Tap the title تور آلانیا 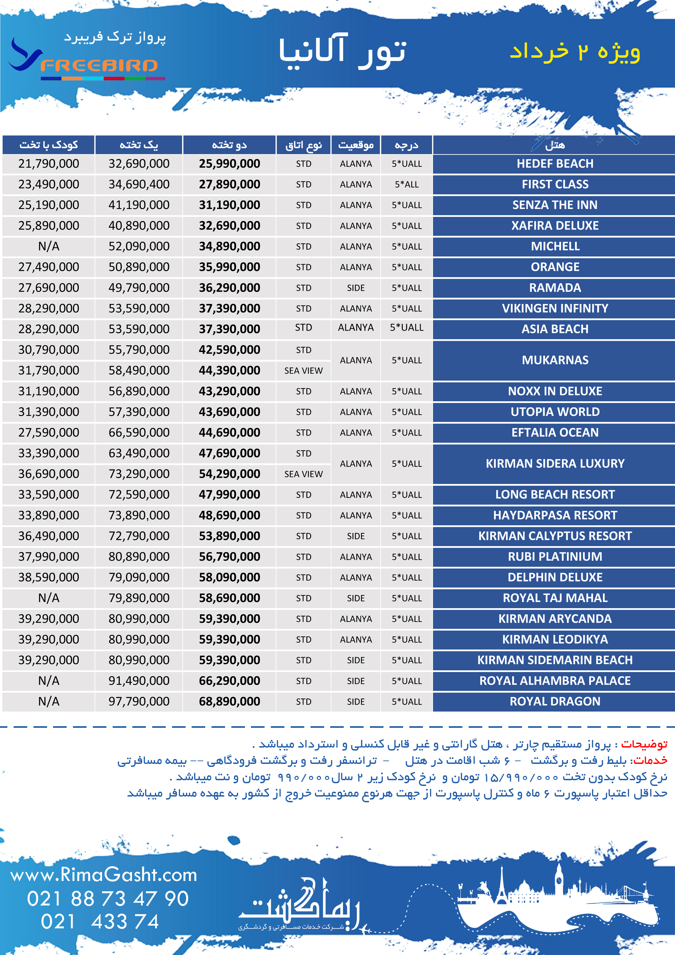pos(342,51)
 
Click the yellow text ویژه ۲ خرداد pos(575,51)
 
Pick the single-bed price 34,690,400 pos(139,184)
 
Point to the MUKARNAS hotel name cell pos(555,360)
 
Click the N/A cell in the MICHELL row pos(49,247)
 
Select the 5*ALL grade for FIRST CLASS pos(406,185)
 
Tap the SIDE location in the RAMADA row pos(355,288)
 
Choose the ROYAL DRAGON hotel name pos(555,701)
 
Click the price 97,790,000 pos(139,701)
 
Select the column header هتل pos(555,145)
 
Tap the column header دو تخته pos(229,145)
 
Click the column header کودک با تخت pos(49,145)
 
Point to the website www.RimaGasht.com pos(103,875)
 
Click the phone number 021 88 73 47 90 pos(108,898)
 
